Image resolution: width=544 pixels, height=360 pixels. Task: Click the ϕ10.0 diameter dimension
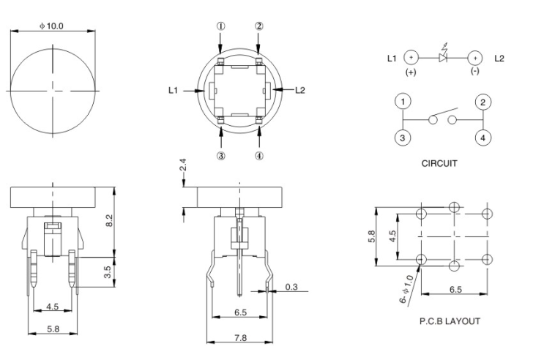[x=51, y=26]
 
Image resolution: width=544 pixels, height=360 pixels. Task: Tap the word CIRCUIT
[x=439, y=163]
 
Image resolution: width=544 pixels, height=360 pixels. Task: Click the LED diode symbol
[x=442, y=57]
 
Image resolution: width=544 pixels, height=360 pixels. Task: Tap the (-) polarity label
[x=474, y=72]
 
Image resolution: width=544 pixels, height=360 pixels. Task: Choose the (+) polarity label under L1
[x=410, y=72]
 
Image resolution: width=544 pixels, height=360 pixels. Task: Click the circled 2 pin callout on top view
[x=258, y=26]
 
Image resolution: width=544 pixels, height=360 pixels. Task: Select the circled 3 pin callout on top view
[x=220, y=154]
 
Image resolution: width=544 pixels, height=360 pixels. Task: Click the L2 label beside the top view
[x=300, y=90]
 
